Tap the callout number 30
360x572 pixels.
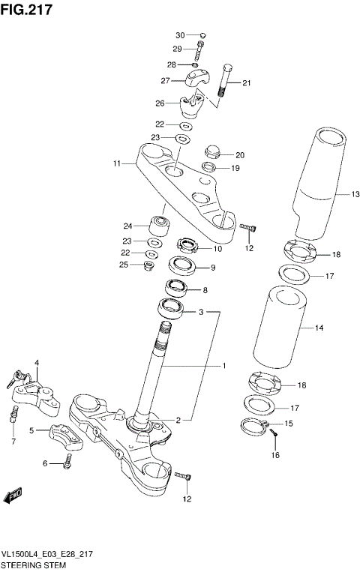(180, 35)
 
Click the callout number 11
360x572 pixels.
(117, 163)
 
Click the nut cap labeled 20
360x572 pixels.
(211, 151)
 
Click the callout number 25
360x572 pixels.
(124, 265)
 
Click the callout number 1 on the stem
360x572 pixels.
(223, 366)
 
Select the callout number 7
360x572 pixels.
(13, 442)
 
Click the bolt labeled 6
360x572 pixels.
(67, 463)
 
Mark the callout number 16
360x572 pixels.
(274, 455)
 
